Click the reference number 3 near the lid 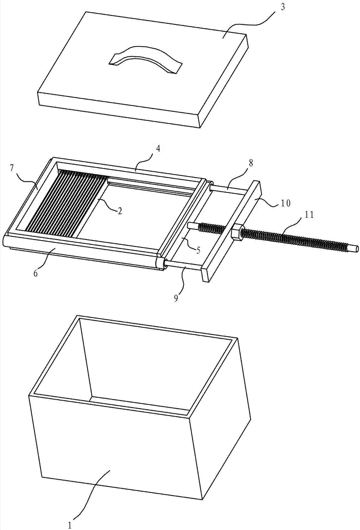pos(283,7)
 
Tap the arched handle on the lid pos(145,59)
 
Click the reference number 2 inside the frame pos(119,211)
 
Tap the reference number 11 pos(309,214)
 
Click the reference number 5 pos(198,251)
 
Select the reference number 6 pos(36,273)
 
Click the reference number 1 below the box pos(70,525)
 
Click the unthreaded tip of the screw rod pos(354,249)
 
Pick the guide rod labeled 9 pos(184,265)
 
